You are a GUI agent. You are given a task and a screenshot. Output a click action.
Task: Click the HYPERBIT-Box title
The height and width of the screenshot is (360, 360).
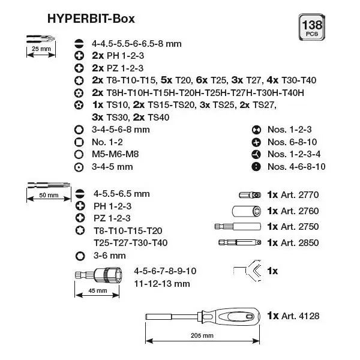click(x=91, y=19)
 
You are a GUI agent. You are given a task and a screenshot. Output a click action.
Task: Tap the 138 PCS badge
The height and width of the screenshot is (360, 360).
click(x=312, y=27)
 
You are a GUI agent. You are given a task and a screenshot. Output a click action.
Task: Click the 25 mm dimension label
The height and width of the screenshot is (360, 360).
click(x=41, y=49)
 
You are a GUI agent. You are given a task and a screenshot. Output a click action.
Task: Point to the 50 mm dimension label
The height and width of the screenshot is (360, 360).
click(x=49, y=195)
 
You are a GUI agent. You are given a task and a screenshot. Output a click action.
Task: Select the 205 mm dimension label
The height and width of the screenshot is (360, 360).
click(x=202, y=335)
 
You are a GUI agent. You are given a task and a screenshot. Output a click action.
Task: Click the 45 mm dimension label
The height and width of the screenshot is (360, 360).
click(x=98, y=290)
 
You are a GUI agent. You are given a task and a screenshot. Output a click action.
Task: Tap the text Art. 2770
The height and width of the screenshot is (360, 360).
click(x=299, y=195)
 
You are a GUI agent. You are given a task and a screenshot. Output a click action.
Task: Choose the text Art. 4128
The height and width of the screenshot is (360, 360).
click(x=300, y=316)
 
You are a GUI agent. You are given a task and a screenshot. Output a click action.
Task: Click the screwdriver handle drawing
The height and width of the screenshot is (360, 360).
click(x=230, y=317)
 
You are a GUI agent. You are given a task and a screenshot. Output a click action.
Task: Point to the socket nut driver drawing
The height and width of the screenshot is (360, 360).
click(x=99, y=275)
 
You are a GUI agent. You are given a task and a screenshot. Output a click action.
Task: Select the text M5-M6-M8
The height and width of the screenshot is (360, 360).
click(x=115, y=154)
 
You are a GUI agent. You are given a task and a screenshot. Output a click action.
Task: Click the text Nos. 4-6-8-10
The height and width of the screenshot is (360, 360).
click(x=296, y=166)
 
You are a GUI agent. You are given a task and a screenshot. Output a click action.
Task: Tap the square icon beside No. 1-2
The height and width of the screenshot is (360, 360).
click(x=79, y=142)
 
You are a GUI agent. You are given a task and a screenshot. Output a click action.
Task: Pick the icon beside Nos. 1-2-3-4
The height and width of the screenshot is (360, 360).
click(x=256, y=154)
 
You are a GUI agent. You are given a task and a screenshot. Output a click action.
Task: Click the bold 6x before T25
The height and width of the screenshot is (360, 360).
click(x=202, y=80)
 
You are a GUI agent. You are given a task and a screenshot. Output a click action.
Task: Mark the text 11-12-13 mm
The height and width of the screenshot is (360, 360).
click(x=162, y=284)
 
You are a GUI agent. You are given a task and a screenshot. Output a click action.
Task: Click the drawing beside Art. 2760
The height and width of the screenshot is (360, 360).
click(x=247, y=211)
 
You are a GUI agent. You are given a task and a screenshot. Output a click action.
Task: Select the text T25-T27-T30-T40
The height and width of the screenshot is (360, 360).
click(x=131, y=242)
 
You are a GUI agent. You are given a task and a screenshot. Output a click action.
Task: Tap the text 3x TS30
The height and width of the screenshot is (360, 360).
click(x=109, y=118)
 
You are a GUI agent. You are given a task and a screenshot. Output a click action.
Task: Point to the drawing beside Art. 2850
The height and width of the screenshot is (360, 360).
click(x=239, y=242)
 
